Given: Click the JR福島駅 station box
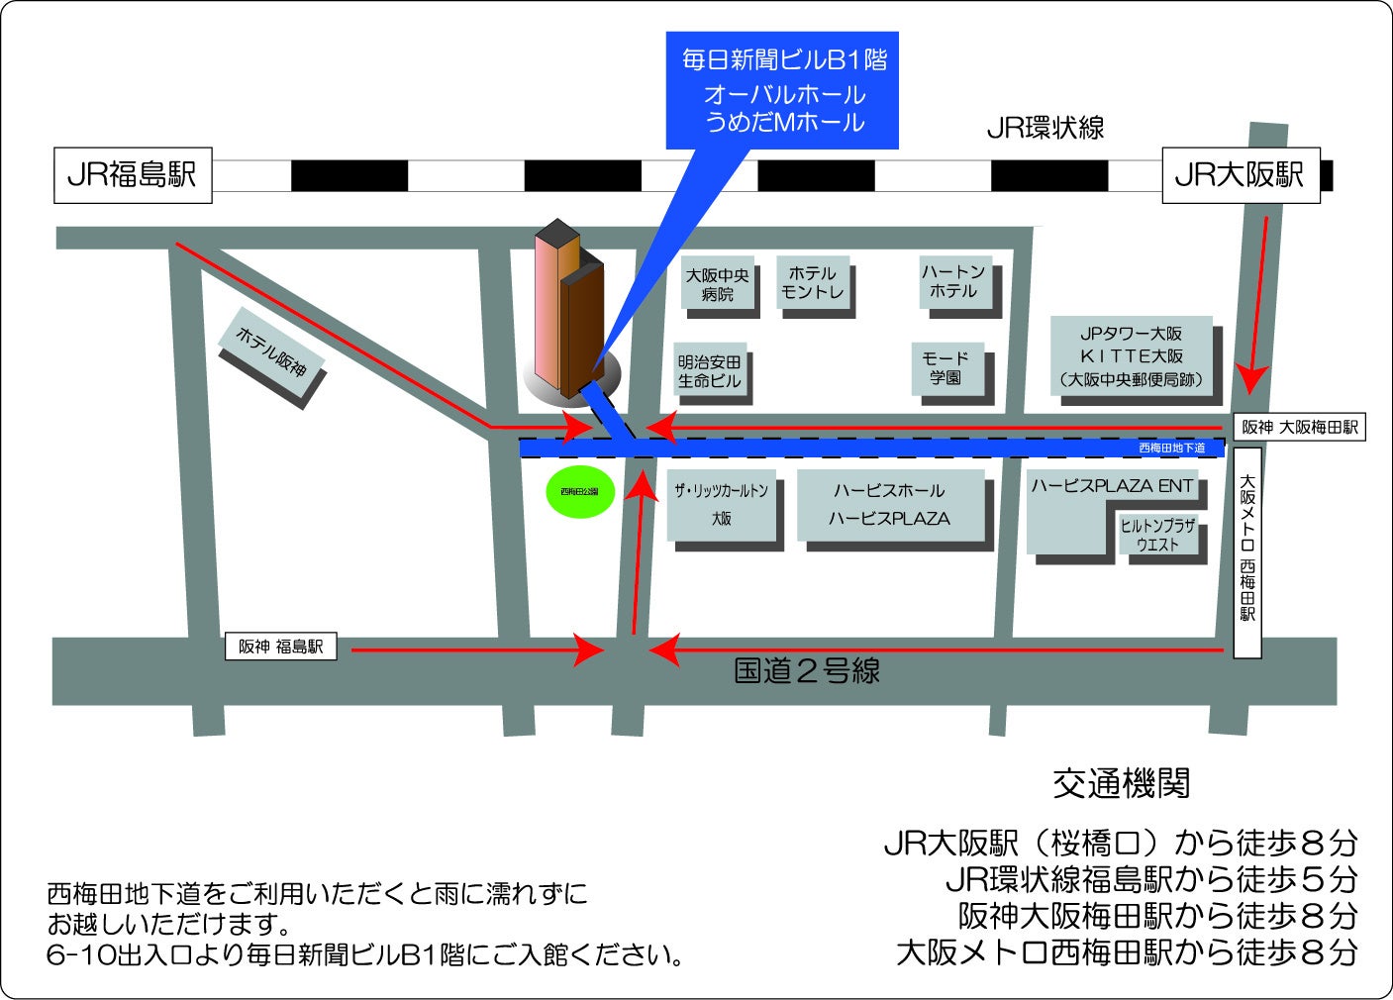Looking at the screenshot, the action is click(x=132, y=175).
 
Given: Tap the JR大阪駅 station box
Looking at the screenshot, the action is click(x=1240, y=175).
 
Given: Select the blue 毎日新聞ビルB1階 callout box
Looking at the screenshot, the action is click(x=782, y=90).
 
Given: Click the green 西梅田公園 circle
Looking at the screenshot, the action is click(x=580, y=491).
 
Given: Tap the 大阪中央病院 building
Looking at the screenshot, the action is click(x=718, y=284).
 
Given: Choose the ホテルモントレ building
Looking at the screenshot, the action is click(x=813, y=282).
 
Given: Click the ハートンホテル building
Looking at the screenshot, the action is click(x=953, y=281).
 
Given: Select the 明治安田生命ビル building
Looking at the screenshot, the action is click(x=709, y=371).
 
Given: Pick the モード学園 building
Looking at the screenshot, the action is click(x=945, y=367).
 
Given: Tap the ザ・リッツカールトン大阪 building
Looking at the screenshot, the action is click(x=721, y=505).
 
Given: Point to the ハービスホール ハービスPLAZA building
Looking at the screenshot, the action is click(x=889, y=505).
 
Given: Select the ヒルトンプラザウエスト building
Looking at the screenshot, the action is click(x=1157, y=535).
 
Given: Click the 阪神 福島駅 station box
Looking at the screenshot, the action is click(x=280, y=647).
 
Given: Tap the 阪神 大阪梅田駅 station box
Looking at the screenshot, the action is click(x=1299, y=427).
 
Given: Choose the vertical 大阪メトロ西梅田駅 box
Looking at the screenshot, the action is click(x=1247, y=551).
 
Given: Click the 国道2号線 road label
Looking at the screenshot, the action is click(x=807, y=671).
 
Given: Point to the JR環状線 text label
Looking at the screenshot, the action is click(x=1045, y=128).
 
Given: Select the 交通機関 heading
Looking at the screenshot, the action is click(x=1121, y=783).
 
